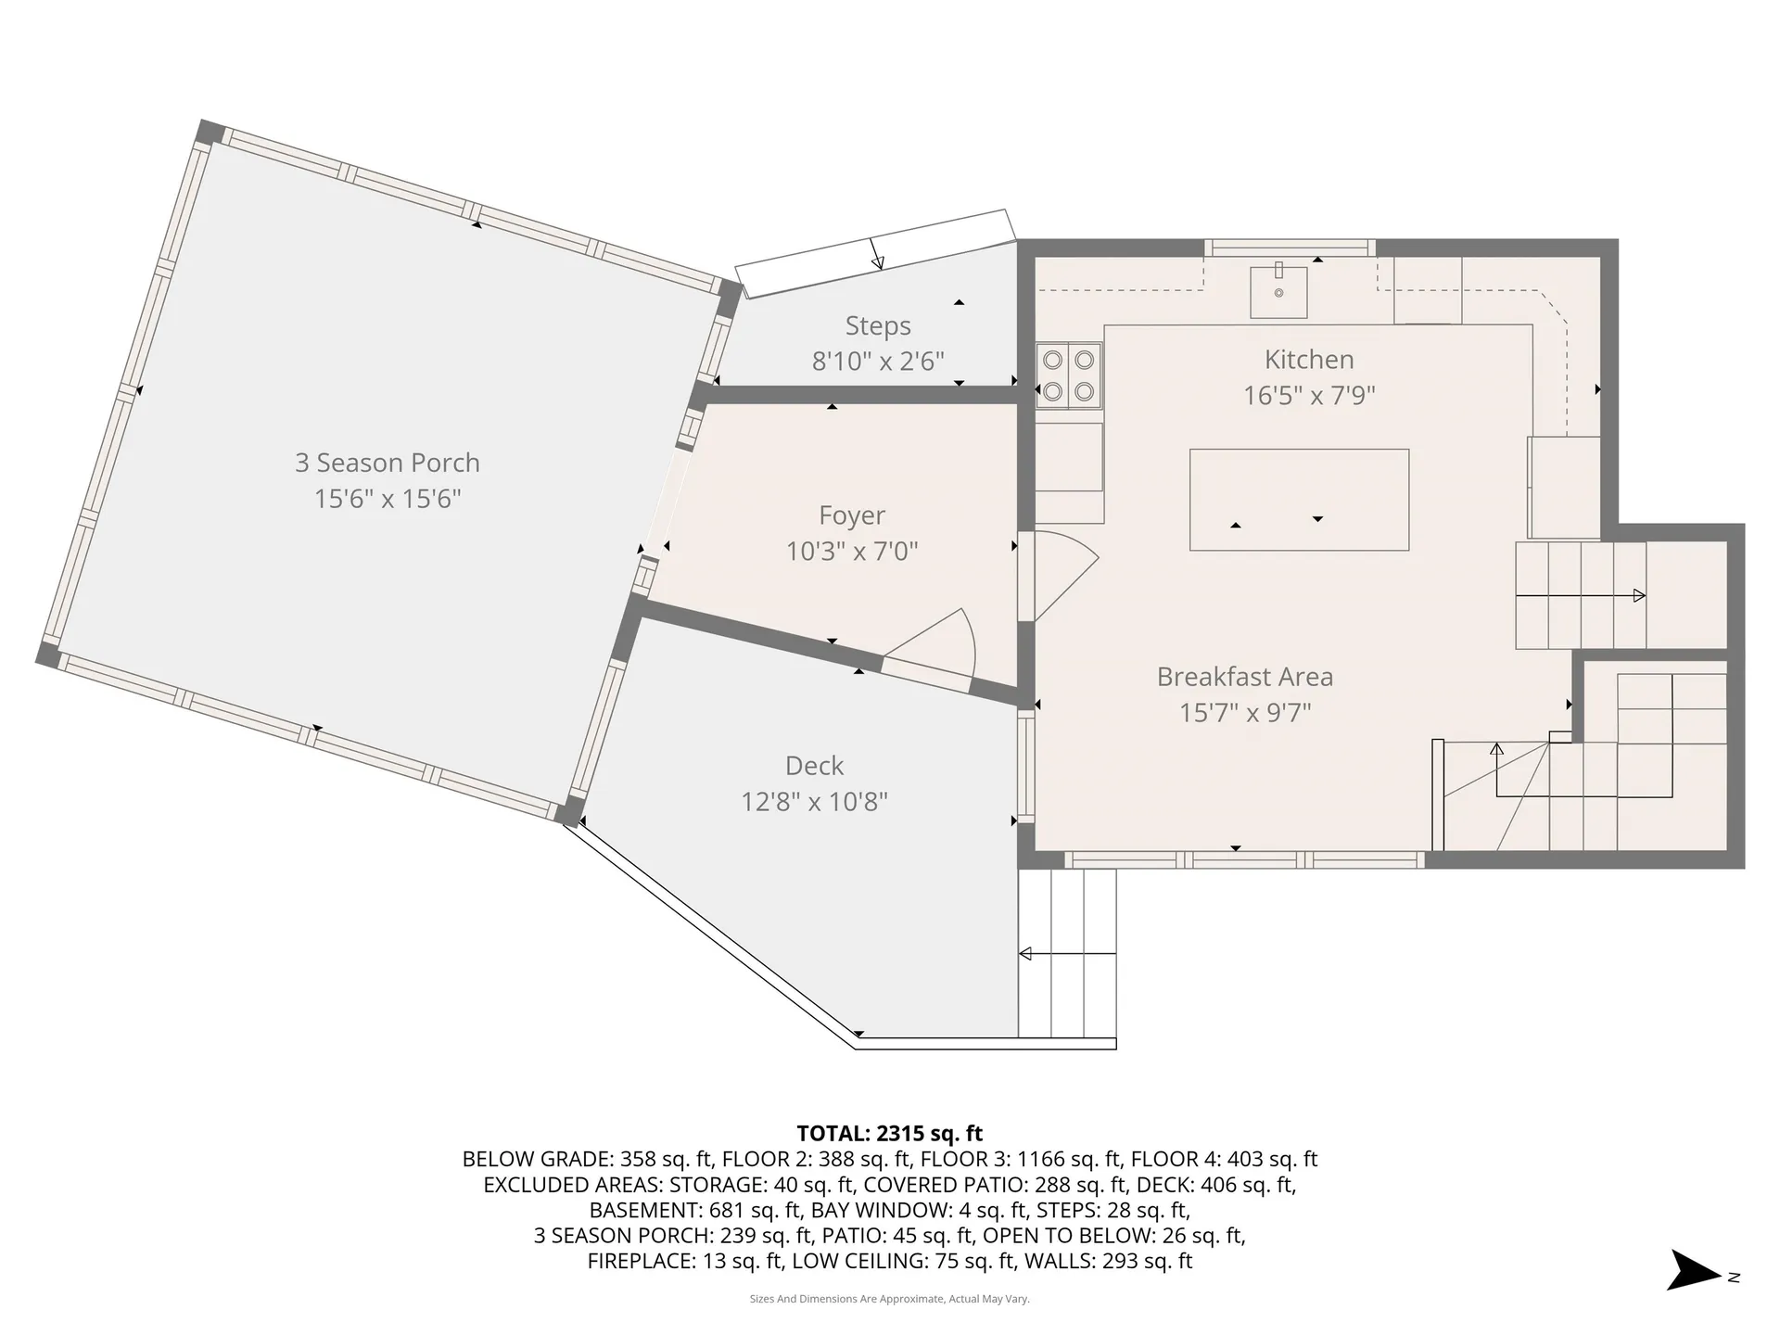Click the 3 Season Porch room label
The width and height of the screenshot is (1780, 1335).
pyautogui.click(x=388, y=463)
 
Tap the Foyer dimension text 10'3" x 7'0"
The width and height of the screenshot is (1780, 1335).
pyautogui.click(x=852, y=552)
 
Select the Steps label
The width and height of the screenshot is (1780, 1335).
pyautogui.click(x=878, y=326)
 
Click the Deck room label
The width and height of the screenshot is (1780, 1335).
pyautogui.click(x=814, y=766)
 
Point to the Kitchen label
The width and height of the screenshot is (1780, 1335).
pyautogui.click(x=1309, y=360)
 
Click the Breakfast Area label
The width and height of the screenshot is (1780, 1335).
pyautogui.click(x=1245, y=677)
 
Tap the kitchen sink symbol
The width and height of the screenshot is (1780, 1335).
pyautogui.click(x=1278, y=291)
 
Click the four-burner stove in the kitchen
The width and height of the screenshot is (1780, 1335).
pyautogui.click(x=1069, y=375)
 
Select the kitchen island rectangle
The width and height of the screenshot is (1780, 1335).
pyautogui.click(x=1299, y=500)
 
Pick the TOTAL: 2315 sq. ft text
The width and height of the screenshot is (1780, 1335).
pyautogui.click(x=890, y=1133)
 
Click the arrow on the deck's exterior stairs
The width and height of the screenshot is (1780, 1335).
pyautogui.click(x=1067, y=953)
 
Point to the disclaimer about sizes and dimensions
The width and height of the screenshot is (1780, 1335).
pyautogui.click(x=890, y=1299)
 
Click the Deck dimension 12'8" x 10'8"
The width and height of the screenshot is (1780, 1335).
pyautogui.click(x=814, y=802)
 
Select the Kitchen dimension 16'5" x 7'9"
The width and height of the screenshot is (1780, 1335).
pyautogui.click(x=1309, y=396)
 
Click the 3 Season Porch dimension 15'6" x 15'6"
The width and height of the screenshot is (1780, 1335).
pyautogui.click(x=388, y=499)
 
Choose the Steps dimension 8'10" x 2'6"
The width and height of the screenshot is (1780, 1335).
pyautogui.click(x=878, y=362)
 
